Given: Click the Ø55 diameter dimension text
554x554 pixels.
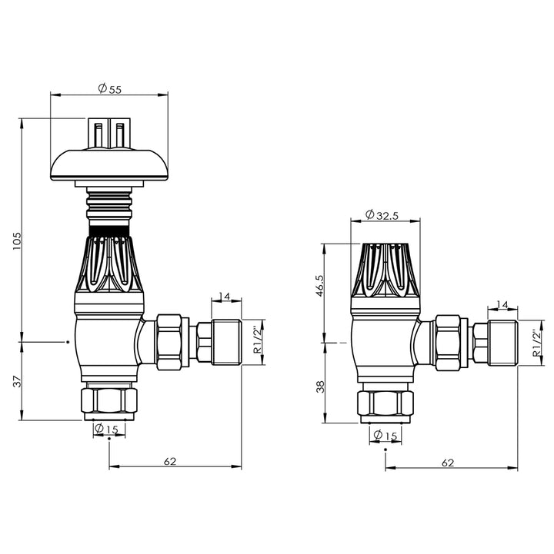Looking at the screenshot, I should [x=110, y=89].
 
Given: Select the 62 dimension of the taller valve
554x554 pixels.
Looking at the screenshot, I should [x=170, y=462].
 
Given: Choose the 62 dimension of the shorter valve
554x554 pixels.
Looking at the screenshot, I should [x=449, y=463].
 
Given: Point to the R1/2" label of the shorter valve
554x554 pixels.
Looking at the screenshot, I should [x=533, y=344].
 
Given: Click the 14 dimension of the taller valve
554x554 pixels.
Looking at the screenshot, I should [x=225, y=297].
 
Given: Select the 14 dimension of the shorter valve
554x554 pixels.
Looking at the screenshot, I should [x=502, y=305].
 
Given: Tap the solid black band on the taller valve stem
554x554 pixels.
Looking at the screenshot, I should [x=108, y=230].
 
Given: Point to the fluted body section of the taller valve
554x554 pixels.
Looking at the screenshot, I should [x=108, y=265].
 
